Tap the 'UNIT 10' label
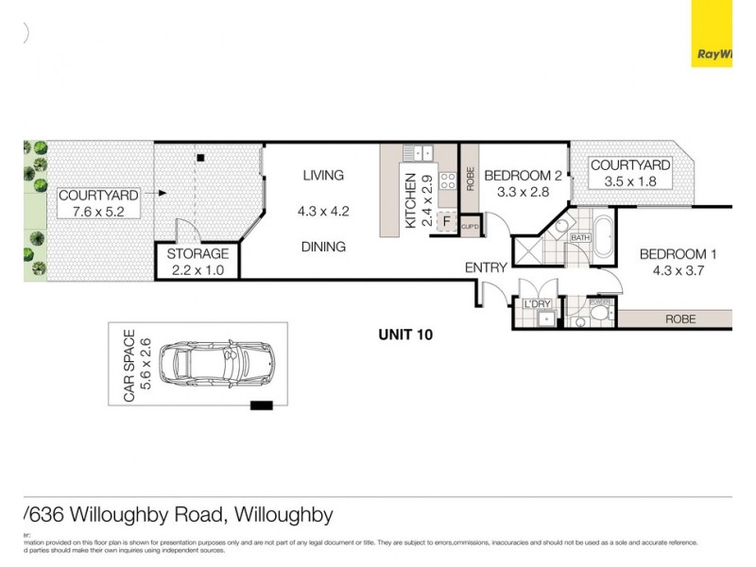coord(404,334)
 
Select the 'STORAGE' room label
coord(198,254)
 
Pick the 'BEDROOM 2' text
coord(523,175)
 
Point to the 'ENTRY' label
coord(486,268)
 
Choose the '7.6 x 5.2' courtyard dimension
coord(98,212)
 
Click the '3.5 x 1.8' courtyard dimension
coord(629,181)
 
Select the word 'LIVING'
coord(323,175)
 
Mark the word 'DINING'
coord(323,247)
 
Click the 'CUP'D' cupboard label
coord(472,228)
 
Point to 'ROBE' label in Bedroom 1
coord(679,319)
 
